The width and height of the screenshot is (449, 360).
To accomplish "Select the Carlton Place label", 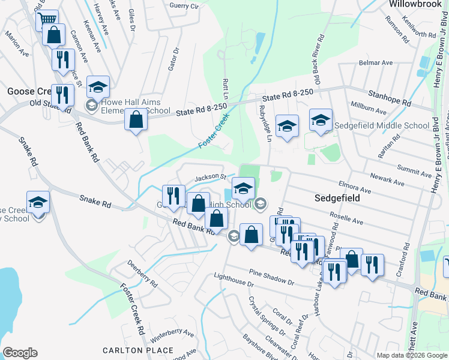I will point(130,350).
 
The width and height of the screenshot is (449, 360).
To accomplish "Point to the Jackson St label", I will point(209,178).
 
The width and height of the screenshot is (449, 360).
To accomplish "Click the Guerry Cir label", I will point(184,6).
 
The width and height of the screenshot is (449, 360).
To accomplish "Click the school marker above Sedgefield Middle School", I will point(321,120).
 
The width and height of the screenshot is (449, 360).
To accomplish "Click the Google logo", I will point(20,353).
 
